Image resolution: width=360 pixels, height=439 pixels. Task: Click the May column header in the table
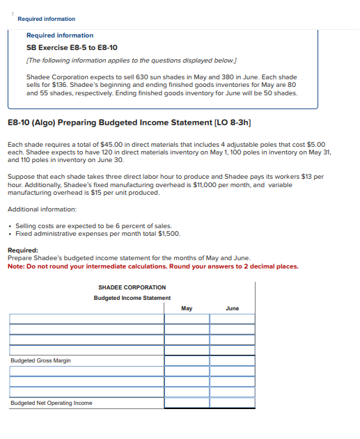click(186, 308)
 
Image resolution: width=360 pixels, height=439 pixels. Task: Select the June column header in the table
click(232, 308)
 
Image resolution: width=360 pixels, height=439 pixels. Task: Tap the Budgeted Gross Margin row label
click(40, 360)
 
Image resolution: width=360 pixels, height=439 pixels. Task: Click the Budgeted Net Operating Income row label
click(51, 403)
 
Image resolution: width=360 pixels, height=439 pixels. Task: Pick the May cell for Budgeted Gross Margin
click(186, 360)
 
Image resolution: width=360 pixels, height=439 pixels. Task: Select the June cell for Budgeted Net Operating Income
click(232, 403)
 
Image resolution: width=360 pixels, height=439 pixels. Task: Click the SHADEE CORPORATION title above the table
click(132, 287)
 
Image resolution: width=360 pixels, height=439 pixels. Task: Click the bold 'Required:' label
click(23, 250)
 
